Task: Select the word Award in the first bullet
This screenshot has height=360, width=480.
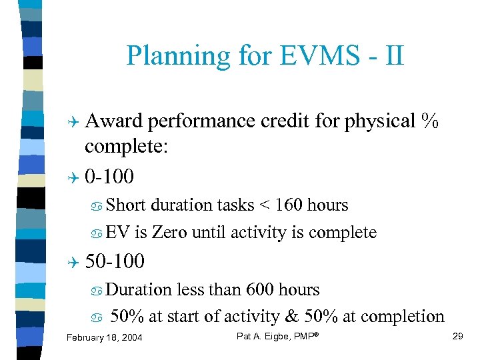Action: click(114, 121)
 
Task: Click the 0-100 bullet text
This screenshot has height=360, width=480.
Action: click(109, 177)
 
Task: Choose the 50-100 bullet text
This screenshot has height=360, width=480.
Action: click(115, 261)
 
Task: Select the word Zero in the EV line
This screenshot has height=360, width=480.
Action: click(169, 233)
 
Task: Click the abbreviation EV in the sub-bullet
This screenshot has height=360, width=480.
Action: click(118, 233)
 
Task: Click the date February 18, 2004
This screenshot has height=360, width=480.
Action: click(104, 338)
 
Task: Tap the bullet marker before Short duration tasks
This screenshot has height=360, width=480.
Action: click(97, 205)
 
